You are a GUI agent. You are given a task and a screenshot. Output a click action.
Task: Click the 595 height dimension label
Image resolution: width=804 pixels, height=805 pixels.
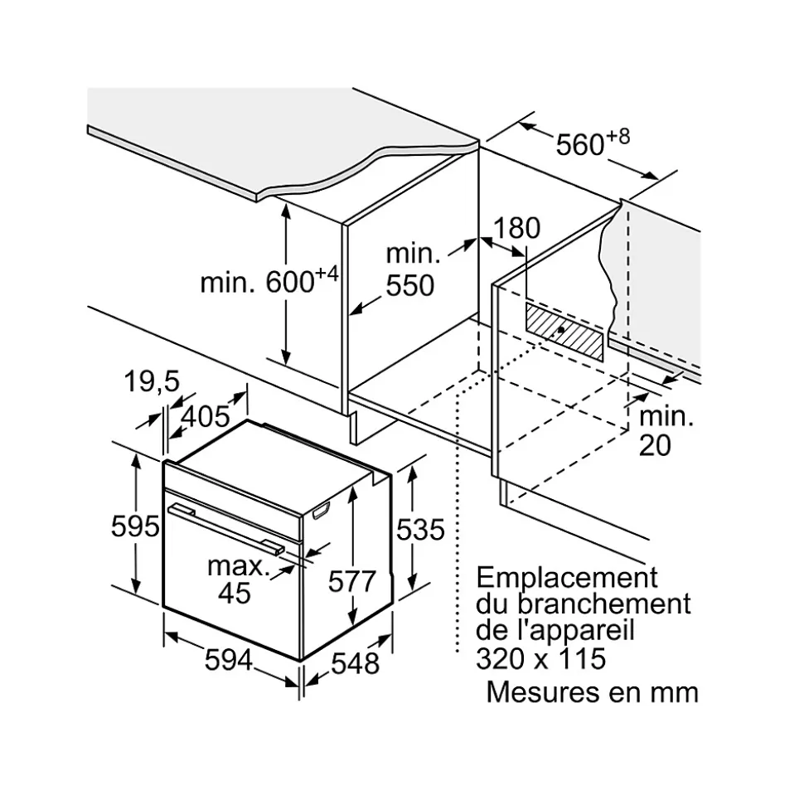[x=134, y=526]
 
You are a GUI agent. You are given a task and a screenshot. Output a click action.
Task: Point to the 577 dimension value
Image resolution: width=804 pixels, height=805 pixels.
[x=352, y=582]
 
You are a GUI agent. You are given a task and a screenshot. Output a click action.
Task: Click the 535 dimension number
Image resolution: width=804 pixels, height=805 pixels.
[x=420, y=529]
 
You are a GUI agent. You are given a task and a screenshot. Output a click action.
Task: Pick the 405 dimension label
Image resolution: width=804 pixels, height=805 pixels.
[x=204, y=416]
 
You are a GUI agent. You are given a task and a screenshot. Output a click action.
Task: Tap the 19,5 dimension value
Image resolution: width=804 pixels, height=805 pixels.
[x=151, y=382]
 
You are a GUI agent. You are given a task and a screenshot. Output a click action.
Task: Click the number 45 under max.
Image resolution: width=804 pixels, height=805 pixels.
[x=234, y=593]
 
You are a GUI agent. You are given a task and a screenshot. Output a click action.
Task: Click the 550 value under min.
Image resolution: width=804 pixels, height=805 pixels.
[x=409, y=285]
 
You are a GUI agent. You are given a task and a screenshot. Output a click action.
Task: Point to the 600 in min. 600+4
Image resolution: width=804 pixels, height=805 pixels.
[x=290, y=283]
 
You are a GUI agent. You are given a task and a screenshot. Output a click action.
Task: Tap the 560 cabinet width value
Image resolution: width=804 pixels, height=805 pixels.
[x=580, y=145]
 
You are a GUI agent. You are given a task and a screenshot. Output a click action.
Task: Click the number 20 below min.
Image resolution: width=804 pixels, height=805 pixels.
[x=655, y=445]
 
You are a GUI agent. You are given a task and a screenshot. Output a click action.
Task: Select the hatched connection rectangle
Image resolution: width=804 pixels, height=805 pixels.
[x=564, y=331]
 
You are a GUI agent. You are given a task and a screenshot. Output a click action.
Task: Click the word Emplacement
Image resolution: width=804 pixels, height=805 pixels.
[x=567, y=577]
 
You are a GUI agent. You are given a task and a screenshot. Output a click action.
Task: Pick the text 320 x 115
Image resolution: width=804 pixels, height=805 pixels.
[x=541, y=658]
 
